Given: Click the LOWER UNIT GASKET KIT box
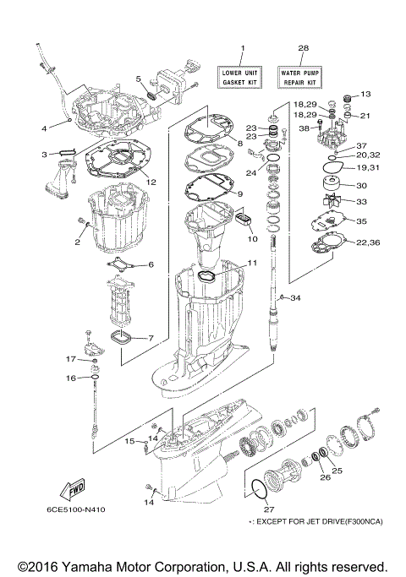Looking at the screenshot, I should coord(242,79).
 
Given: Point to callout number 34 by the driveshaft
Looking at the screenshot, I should coord(295,298).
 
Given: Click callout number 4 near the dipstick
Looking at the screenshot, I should coord(45,128).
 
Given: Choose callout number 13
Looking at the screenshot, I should coord(366,94).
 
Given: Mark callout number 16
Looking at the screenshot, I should coord(71,378).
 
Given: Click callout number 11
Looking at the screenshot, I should coord(253,264).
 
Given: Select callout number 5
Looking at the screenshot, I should coord(139,79).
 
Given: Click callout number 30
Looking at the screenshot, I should coord(360,186).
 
